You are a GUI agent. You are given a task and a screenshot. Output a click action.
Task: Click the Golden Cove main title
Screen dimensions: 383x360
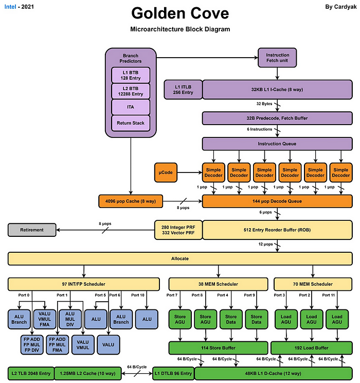(179, 13)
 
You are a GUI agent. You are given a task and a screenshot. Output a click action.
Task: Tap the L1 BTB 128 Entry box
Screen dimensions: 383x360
(130, 75)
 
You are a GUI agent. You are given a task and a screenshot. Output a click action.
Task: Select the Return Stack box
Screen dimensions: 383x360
(130, 123)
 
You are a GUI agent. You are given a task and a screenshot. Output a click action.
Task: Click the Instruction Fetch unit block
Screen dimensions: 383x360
(277, 58)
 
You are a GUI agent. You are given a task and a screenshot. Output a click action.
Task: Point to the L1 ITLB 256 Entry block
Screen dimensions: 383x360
(183, 89)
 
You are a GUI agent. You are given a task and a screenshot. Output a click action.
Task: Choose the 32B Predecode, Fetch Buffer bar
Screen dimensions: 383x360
(277, 118)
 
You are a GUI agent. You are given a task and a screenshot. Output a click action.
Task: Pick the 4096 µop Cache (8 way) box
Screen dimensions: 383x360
(131, 200)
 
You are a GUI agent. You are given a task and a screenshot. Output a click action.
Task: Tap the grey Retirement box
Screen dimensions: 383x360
(31, 230)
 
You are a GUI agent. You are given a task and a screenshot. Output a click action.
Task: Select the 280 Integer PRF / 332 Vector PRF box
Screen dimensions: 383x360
(177, 230)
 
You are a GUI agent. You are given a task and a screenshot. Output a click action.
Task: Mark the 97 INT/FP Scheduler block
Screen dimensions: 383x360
(84, 284)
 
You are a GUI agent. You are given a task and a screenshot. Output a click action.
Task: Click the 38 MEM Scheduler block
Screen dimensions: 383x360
(218, 284)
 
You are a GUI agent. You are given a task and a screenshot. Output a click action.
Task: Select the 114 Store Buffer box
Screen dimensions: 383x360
(218, 347)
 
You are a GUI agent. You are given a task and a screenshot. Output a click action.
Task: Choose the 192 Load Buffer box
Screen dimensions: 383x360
(311, 347)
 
